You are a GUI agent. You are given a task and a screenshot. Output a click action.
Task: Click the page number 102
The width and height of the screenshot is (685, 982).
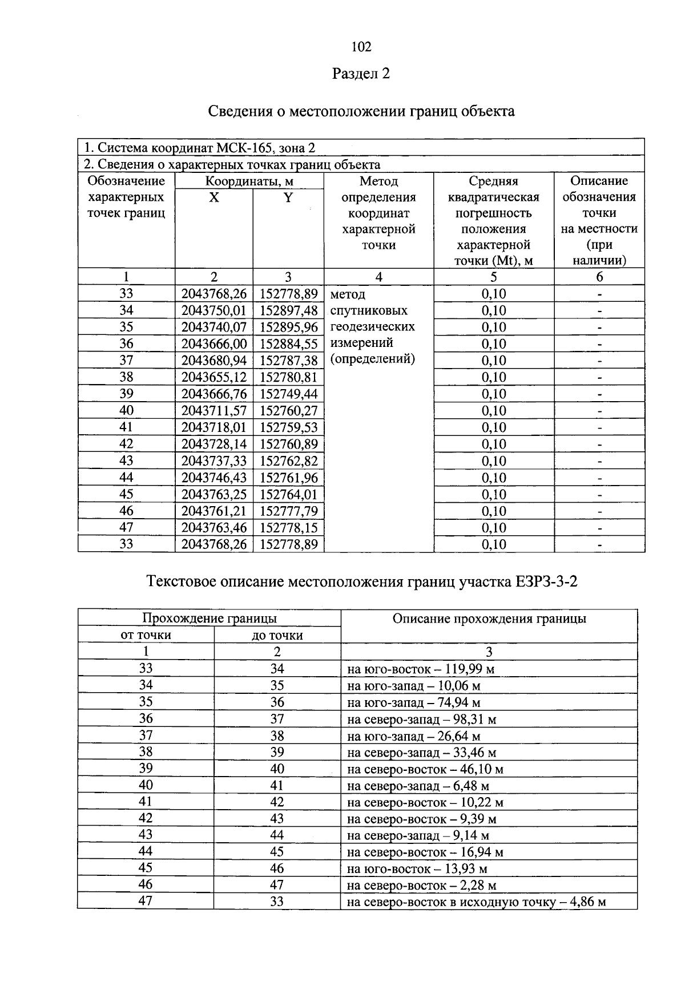[x=361, y=47]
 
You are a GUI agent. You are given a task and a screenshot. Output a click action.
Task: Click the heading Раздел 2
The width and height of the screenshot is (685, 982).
[x=361, y=74]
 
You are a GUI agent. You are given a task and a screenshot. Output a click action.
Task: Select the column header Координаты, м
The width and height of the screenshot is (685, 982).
[x=249, y=181]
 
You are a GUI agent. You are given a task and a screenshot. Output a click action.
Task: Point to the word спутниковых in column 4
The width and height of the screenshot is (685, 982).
[x=369, y=310]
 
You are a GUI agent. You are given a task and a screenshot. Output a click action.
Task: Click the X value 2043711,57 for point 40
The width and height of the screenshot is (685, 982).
[x=214, y=411]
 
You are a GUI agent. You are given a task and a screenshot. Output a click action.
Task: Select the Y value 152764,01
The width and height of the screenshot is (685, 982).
[x=288, y=494]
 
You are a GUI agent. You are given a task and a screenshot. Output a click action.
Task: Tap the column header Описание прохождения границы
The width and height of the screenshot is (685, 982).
[x=489, y=619]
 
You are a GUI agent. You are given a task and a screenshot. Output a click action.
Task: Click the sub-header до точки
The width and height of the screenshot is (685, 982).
[x=277, y=635]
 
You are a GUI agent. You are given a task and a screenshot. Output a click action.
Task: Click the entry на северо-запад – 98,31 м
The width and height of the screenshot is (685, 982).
[x=421, y=719]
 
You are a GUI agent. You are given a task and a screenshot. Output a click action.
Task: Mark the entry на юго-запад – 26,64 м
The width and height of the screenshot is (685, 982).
[x=413, y=736]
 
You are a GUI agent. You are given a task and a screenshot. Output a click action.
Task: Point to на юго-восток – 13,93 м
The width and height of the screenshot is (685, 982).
[x=417, y=869]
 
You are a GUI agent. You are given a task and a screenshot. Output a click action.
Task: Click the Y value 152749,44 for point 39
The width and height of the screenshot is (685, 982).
[x=288, y=394]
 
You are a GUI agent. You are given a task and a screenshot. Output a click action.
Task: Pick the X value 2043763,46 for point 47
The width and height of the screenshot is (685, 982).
[x=214, y=528]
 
